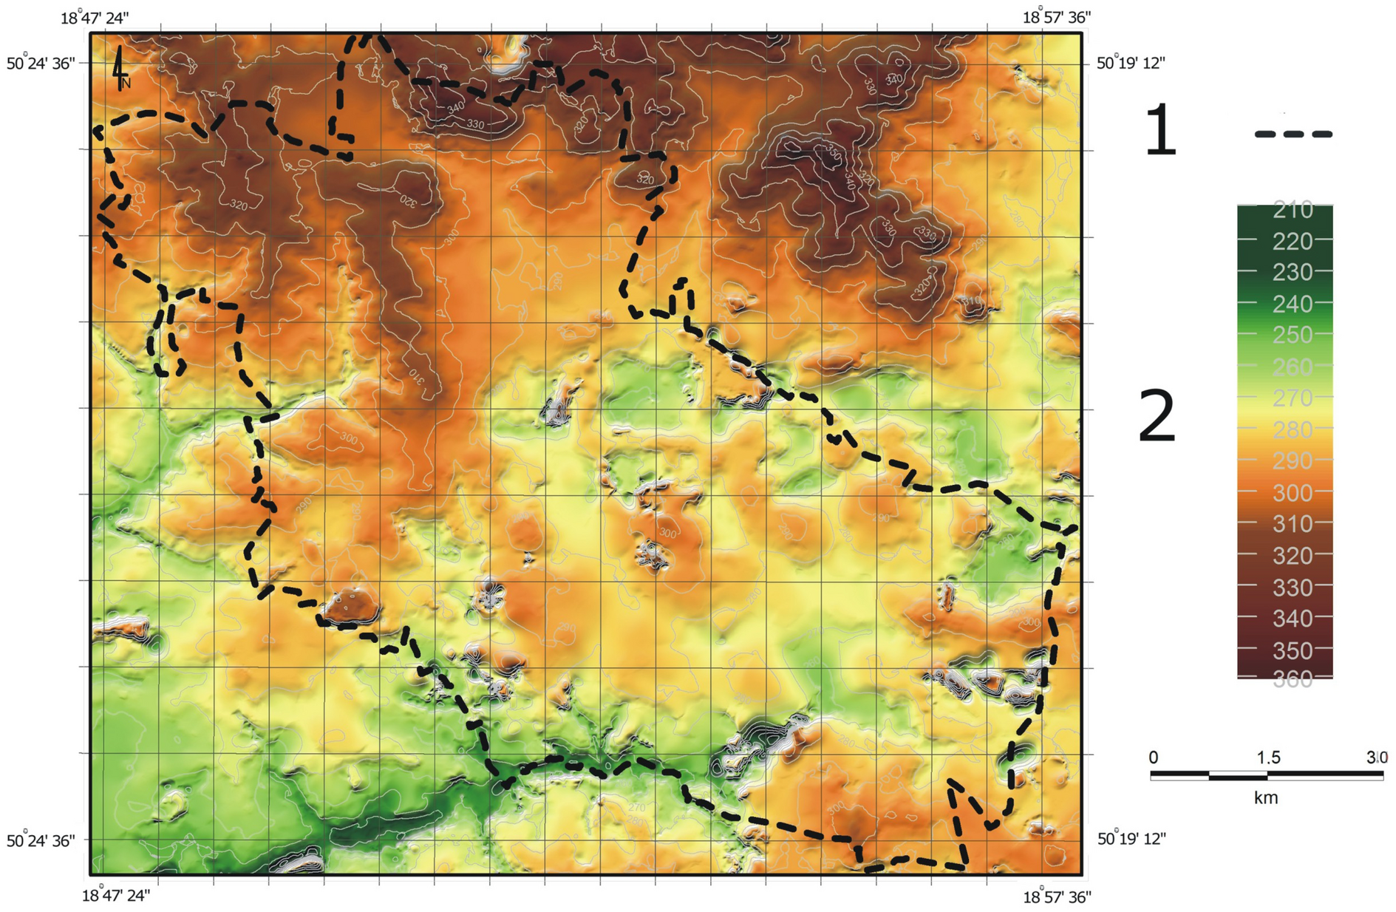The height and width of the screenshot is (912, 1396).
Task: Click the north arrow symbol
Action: point(119,68)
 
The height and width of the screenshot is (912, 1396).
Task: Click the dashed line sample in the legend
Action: point(1293,135)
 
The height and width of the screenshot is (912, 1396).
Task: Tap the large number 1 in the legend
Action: point(1160,131)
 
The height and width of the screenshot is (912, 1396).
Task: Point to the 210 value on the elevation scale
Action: point(1293,210)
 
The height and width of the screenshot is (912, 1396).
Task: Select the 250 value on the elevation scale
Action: point(1293,335)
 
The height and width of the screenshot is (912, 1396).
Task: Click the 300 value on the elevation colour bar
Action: point(1293,492)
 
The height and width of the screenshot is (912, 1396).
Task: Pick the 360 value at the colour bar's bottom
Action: point(1293,679)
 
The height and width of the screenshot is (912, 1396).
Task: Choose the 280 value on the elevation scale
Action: point(1293,429)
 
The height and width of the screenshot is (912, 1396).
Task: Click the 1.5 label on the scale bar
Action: point(1268,758)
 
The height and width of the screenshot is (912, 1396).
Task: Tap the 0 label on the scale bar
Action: point(1154,758)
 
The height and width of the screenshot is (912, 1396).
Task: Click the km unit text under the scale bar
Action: point(1266,798)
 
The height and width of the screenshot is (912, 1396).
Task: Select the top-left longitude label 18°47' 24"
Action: point(95,18)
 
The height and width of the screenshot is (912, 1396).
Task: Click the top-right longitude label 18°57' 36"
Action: point(1056,17)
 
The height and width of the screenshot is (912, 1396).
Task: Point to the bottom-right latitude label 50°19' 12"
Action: point(1131,839)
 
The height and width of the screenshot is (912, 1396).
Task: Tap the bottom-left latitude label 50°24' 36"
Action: point(41,841)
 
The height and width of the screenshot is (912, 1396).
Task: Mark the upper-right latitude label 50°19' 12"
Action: point(1130,63)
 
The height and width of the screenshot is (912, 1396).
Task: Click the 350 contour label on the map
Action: point(833,153)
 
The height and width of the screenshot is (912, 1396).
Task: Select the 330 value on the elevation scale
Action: point(1293,588)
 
